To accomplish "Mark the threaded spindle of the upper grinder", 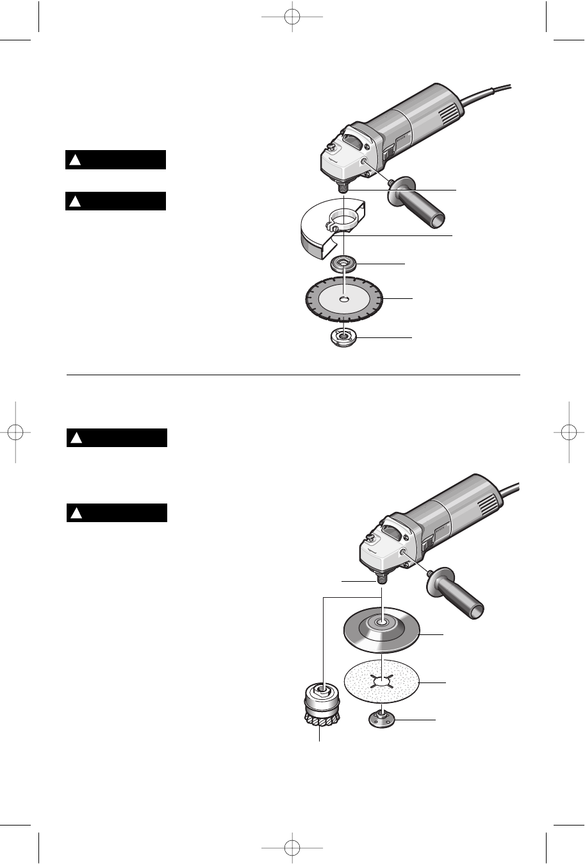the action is click(344, 184).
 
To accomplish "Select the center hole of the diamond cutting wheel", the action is click(345, 298).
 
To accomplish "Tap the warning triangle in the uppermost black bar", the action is click(75, 160).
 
